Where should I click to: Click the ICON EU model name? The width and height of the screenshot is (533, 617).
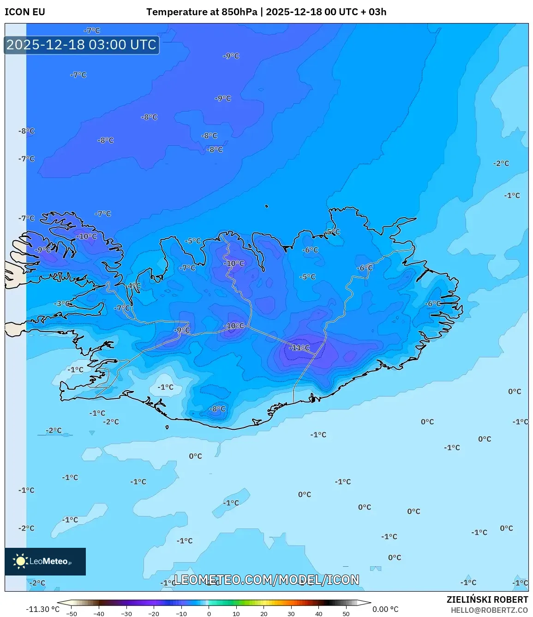pos(25,12)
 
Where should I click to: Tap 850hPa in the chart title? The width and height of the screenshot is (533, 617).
pos(239,12)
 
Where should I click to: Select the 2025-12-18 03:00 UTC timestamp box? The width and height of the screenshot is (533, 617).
pos(82,45)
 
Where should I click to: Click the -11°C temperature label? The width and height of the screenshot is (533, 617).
pos(299,348)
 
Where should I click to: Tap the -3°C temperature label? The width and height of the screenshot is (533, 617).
pos(63,303)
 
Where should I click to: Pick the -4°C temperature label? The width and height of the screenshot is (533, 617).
pos(133,286)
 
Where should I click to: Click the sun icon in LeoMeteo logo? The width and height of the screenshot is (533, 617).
pos(20,561)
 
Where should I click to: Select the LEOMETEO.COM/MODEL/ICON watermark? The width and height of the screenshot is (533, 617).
pos(266,580)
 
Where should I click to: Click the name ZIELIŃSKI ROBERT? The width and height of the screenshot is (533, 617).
pos(487,599)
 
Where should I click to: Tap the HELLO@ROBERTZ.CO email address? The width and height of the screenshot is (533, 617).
pos(489,610)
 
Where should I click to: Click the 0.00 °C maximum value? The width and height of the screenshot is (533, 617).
pos(385,609)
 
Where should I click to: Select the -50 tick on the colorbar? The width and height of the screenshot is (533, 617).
pos(72,614)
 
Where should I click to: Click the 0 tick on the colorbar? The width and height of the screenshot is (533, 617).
pos(209,614)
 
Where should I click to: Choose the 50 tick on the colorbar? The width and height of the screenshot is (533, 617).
pos(346,614)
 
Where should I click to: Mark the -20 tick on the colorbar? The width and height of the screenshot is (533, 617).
pos(154,614)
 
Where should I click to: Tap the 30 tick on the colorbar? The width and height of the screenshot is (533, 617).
pos(291,614)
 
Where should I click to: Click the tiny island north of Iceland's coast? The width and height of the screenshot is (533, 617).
pos(267,207)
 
